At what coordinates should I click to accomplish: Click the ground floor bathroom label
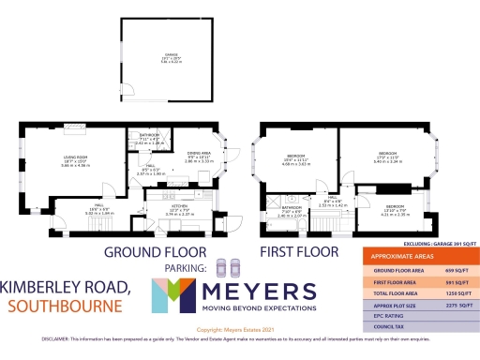150,137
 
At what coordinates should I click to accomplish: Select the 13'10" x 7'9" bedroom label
395,207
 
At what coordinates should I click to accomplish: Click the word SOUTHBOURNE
64,306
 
